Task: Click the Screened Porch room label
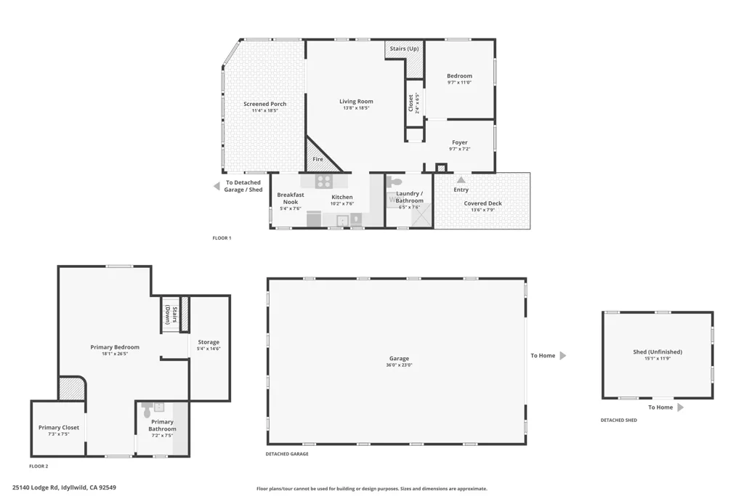264,104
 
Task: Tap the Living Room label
356,102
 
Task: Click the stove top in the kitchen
323,182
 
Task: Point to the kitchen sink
342,220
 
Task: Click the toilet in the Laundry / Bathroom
394,183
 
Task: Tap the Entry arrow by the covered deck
461,179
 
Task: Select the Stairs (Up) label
404,49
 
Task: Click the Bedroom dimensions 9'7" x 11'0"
459,83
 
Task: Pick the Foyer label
459,142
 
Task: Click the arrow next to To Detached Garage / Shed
217,187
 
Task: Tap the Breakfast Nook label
290,198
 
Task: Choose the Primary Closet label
59,428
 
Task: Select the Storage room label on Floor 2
209,342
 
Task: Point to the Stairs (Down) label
171,315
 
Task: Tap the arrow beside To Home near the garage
562,356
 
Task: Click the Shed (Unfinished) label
658,352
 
